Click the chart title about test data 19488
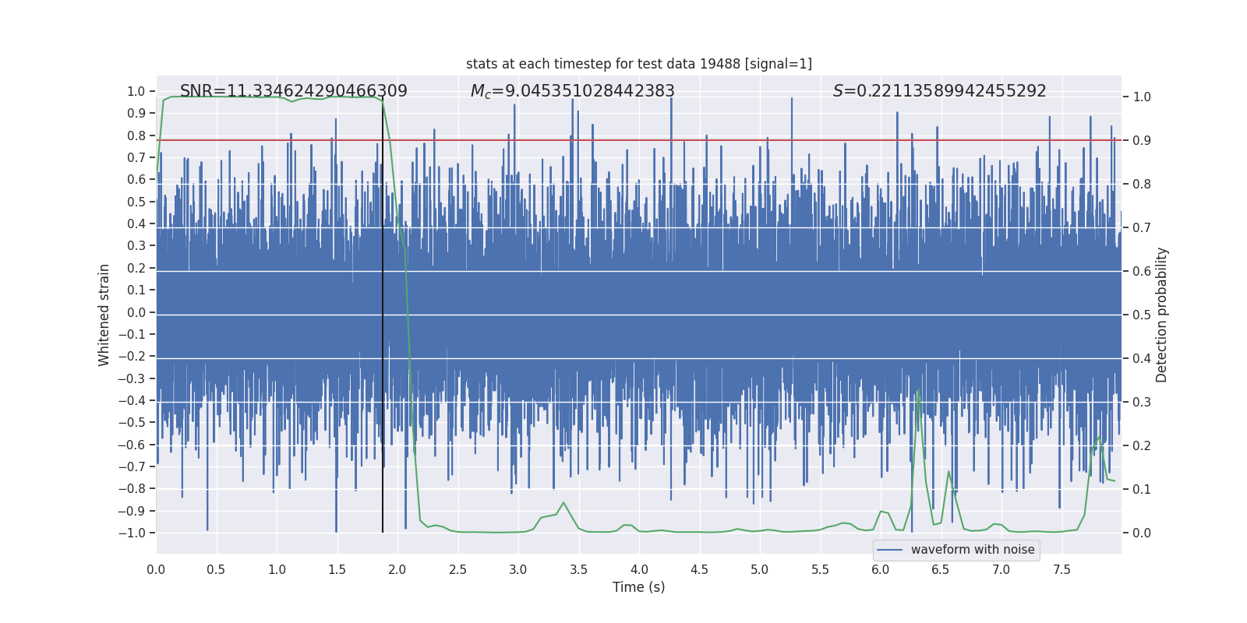pyautogui.click(x=638, y=64)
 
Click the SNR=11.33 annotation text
pyautogui.click(x=293, y=91)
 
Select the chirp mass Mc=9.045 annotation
pyautogui.click(x=572, y=91)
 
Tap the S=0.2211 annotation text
pyautogui.click(x=939, y=91)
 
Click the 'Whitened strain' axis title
pyautogui.click(x=104, y=315)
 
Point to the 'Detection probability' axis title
pyautogui.click(x=1161, y=315)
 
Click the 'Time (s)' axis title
pyautogui.click(x=638, y=587)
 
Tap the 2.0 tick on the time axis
pyautogui.click(x=397, y=570)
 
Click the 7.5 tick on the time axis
pyautogui.click(x=1062, y=570)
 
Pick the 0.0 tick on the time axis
pyautogui.click(x=156, y=570)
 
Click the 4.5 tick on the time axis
pyautogui.click(x=699, y=570)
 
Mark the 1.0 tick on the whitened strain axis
pyautogui.click(x=136, y=92)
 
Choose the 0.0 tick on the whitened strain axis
pyautogui.click(x=136, y=312)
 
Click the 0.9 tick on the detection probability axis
pyautogui.click(x=1142, y=141)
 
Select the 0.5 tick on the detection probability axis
pyautogui.click(x=1142, y=315)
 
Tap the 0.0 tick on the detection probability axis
pyautogui.click(x=1142, y=533)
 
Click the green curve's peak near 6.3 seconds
pyautogui.click(x=918, y=390)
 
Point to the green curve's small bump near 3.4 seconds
pyautogui.click(x=563, y=503)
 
